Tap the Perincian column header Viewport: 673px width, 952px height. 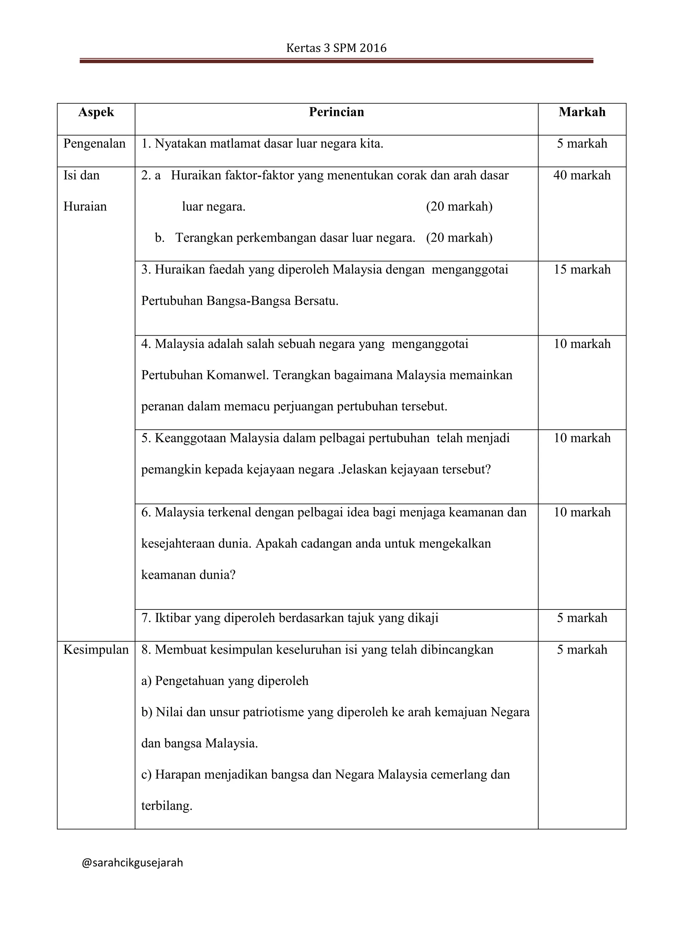(336, 112)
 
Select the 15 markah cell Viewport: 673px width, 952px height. (582, 270)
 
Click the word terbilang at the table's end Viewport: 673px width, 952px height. (167, 806)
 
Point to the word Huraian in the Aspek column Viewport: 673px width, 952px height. (85, 206)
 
